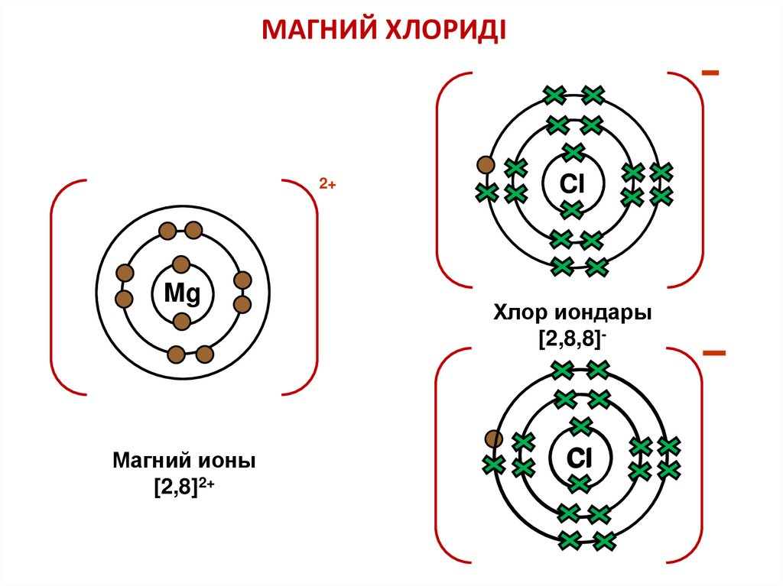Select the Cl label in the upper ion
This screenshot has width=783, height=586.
pyautogui.click(x=572, y=183)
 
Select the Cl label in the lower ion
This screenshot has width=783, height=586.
pyautogui.click(x=580, y=458)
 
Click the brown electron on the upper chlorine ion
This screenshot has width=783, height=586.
pyautogui.click(x=484, y=165)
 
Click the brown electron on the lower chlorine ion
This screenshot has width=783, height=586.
pyautogui.click(x=495, y=439)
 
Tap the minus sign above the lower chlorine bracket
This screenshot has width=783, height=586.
pyautogui.click(x=713, y=352)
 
